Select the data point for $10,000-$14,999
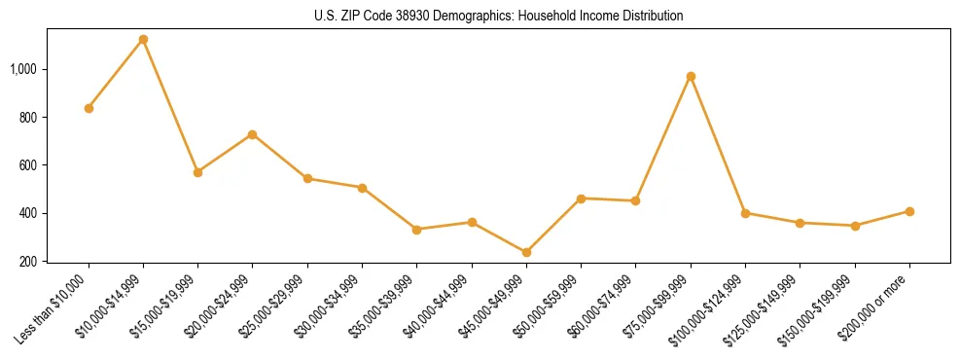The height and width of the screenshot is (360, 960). tap(143, 40)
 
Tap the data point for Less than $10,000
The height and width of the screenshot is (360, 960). tap(89, 108)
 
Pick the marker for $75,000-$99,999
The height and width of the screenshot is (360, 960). tap(691, 76)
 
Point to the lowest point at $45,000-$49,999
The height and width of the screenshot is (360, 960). tap(526, 252)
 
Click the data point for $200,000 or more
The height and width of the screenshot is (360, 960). tap(909, 211)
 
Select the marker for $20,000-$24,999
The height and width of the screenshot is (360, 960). tap(253, 134)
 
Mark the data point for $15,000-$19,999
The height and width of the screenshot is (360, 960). tap(197, 172)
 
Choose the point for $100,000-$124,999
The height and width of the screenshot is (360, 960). tap(745, 213)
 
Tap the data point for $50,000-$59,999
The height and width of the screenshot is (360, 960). tap(581, 198)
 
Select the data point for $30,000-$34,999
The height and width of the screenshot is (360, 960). tap(362, 188)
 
